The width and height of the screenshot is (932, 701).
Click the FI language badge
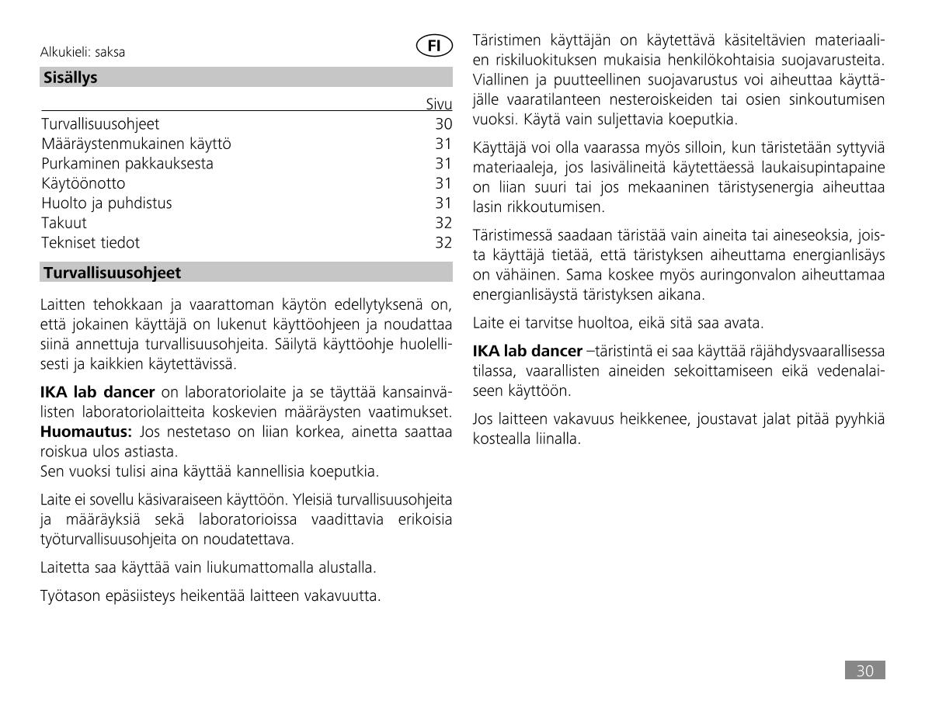[435, 46]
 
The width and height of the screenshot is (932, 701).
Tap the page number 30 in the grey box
[865, 671]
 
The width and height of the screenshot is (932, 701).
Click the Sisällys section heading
[71, 78]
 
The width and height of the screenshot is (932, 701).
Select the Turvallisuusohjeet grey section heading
[112, 272]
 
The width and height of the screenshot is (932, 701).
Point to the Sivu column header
[439, 105]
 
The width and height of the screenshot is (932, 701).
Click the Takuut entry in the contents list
[64, 223]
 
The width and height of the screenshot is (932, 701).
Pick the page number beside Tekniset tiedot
[443, 242]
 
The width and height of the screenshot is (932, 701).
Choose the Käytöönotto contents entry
[83, 183]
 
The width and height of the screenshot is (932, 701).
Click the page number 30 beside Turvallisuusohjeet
[443, 124]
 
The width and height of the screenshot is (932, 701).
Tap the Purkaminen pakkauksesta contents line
[127, 163]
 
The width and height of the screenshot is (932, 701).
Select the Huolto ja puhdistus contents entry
[106, 203]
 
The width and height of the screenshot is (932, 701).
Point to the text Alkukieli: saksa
[82, 53]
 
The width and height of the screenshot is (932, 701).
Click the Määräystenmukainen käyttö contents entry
[136, 144]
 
